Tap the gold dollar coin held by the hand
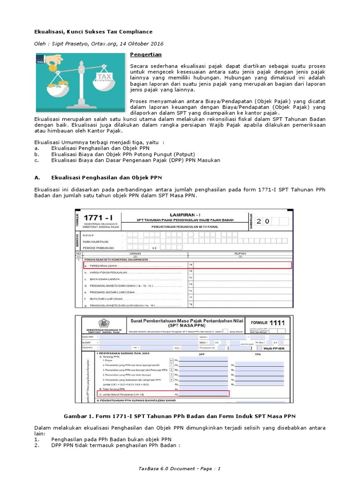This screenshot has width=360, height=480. click(x=53, y=68)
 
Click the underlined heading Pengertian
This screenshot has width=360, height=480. click(x=145, y=55)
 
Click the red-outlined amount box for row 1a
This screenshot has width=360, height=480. click(x=242, y=265)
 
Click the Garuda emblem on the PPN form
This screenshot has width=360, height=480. click(x=102, y=323)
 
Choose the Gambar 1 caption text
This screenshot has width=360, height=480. click(x=180, y=416)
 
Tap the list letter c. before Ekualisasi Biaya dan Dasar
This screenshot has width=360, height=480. click(x=37, y=160)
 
